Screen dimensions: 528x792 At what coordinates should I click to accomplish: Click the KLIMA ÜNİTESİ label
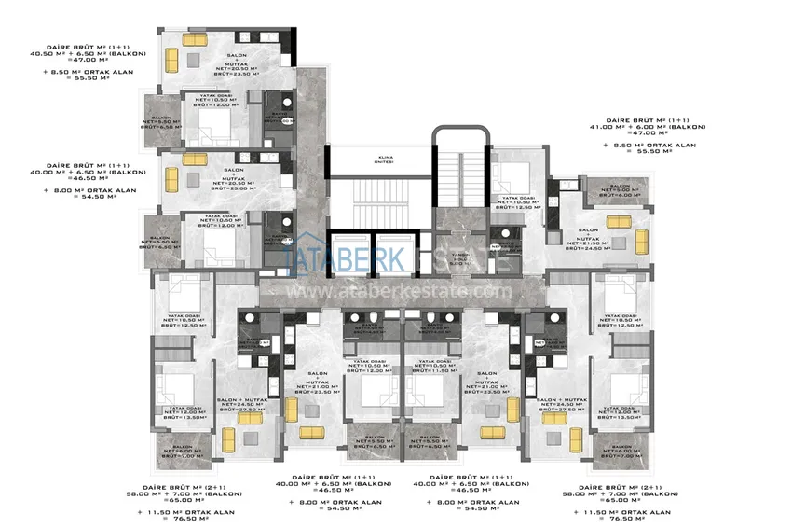point(378,160)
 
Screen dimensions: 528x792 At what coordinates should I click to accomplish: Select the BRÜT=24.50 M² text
point(588,249)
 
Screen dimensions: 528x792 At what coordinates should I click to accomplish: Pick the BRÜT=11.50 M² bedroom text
point(431,370)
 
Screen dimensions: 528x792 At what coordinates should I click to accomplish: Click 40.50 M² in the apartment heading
point(64,52)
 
